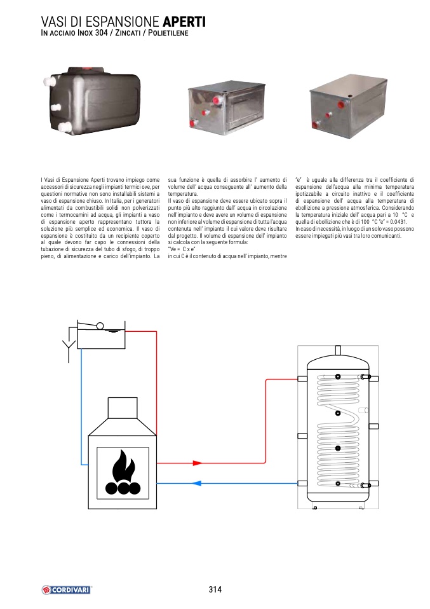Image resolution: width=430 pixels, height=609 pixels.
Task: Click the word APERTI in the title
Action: tap(184, 22)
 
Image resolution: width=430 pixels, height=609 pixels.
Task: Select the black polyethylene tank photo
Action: tap(96, 100)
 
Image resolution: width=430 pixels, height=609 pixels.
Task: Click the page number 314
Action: tap(215, 589)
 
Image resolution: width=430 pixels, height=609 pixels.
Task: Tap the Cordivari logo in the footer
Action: tap(66, 589)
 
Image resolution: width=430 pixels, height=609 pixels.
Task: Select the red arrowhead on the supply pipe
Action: tap(198, 463)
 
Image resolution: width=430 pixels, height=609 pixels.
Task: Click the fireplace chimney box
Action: tap(123, 407)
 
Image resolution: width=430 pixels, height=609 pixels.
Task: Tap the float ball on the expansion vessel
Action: tap(100, 326)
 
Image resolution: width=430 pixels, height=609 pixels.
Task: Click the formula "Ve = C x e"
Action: tap(182, 250)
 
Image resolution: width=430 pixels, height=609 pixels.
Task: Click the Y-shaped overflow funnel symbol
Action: tap(66, 347)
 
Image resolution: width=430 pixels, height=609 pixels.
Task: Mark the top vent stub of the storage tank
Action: tap(339, 350)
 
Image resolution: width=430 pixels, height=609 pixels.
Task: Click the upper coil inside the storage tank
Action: tap(337, 391)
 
